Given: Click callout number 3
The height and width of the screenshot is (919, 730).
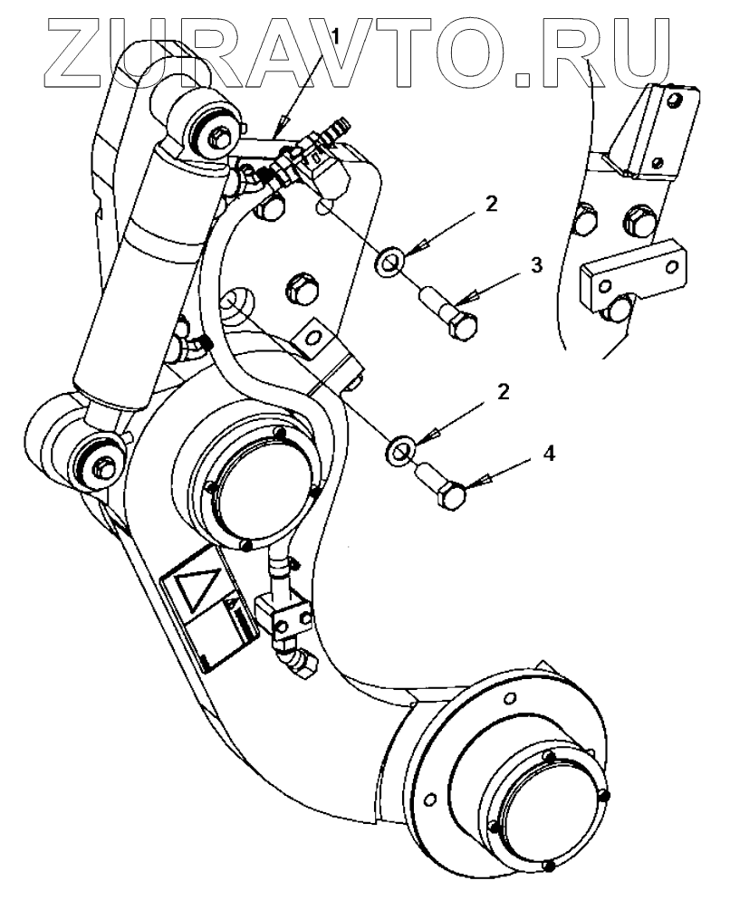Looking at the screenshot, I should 537,265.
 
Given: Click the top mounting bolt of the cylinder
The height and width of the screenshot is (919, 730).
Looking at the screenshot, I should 219,137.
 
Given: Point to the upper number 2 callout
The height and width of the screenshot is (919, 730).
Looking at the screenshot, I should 490,205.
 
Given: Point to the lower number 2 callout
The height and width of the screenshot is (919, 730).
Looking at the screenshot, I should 503,394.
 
